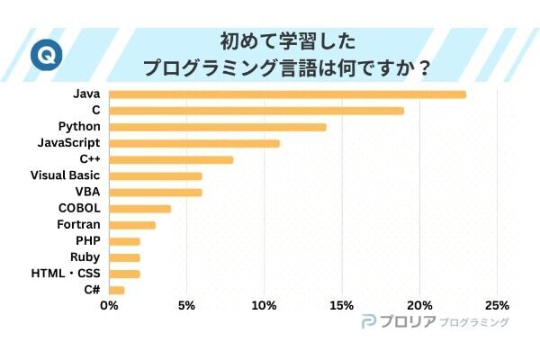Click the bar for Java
pyautogui.click(x=287, y=94)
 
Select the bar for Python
pyautogui.click(x=217, y=127)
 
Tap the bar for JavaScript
pyautogui.click(x=193, y=143)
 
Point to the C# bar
pyautogui.click(x=116, y=290)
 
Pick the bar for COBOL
pyautogui.click(x=139, y=209)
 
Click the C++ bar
pyautogui.click(x=170, y=159)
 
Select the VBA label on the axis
pyautogui.click(x=86, y=192)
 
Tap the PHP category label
pyautogui.click(x=87, y=241)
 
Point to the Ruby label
pyautogui.click(x=85, y=257)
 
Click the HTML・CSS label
pyautogui.click(x=65, y=274)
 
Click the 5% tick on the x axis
pyautogui.click(x=186, y=305)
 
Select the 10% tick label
pyautogui.click(x=264, y=305)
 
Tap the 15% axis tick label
pyautogui.click(x=341, y=305)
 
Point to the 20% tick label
pyautogui.click(x=419, y=305)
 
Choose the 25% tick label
pyautogui.click(x=497, y=305)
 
